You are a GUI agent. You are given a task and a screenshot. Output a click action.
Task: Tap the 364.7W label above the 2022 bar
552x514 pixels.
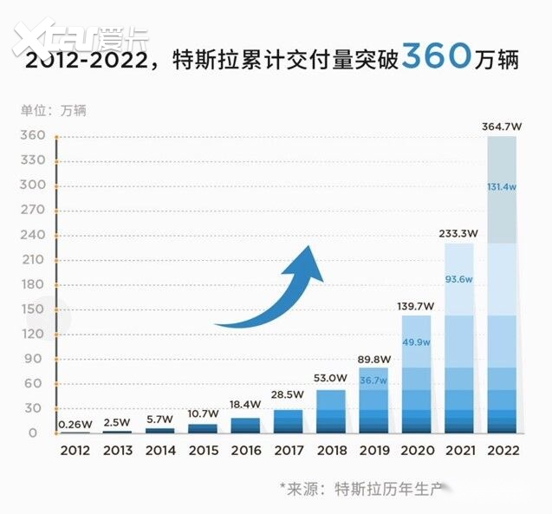point(503,127)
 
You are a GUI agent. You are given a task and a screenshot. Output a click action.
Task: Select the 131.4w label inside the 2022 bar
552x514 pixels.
point(503,188)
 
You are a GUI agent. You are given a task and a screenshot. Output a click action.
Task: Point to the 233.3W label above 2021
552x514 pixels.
point(459,232)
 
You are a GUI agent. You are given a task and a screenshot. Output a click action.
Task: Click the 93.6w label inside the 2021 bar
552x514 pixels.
point(459,278)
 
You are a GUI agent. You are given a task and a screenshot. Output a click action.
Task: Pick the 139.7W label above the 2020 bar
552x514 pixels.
point(416,306)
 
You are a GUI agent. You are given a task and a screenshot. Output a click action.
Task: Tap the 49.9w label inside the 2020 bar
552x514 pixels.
point(416,342)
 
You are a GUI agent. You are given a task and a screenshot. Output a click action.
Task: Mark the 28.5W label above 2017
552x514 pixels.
point(288,395)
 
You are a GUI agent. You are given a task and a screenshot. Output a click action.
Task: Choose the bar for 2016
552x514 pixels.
point(245,426)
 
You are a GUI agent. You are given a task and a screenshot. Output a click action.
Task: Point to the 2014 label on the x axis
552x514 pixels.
point(160,450)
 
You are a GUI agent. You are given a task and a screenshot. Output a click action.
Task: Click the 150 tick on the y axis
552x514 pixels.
point(33,309)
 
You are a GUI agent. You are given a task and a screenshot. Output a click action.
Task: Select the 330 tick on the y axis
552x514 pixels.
point(33,160)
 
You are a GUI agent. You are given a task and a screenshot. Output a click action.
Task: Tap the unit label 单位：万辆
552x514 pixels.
point(54,111)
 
